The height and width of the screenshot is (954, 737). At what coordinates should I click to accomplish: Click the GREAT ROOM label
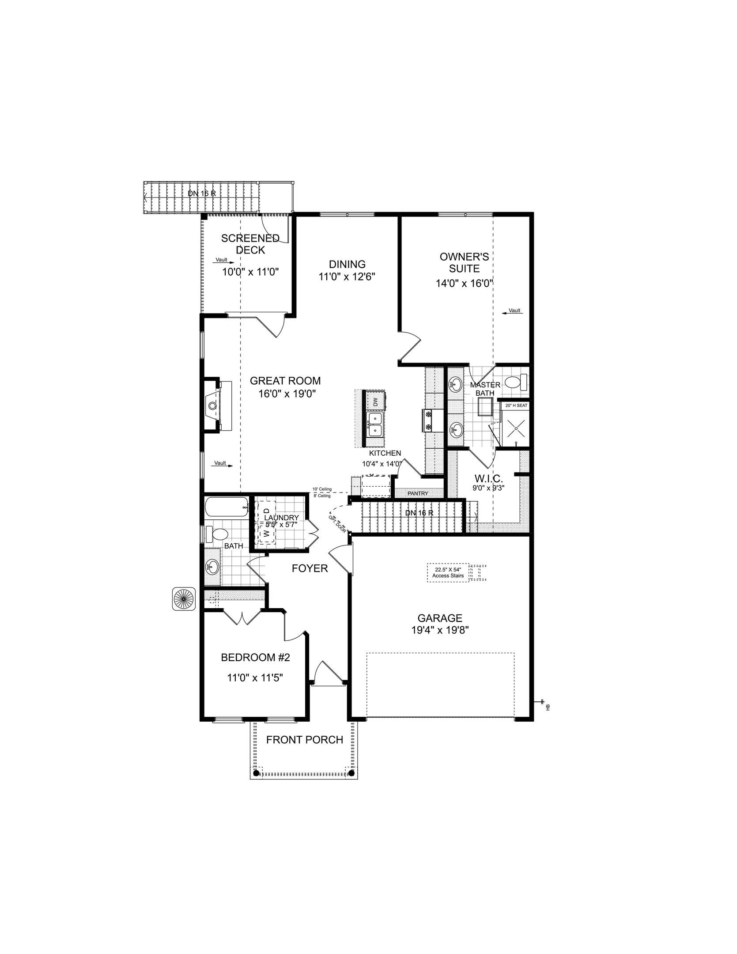[285, 381]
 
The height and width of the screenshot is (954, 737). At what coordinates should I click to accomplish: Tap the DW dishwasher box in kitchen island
[375, 401]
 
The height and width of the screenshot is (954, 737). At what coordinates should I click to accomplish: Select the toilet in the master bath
[515, 382]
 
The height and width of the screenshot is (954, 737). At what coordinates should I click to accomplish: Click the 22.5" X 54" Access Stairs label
[448, 573]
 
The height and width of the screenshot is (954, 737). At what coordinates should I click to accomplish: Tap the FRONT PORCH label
[305, 740]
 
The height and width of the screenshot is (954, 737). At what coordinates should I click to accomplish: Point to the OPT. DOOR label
[338, 524]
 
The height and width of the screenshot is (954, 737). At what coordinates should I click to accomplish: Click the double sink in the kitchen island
[375, 424]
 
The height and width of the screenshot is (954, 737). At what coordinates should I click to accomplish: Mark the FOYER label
[310, 569]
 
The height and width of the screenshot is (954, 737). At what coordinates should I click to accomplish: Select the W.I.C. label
[488, 478]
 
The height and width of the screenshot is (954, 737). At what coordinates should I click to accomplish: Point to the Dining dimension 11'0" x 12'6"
[347, 277]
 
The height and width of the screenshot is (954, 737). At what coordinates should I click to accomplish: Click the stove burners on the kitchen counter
[428, 420]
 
